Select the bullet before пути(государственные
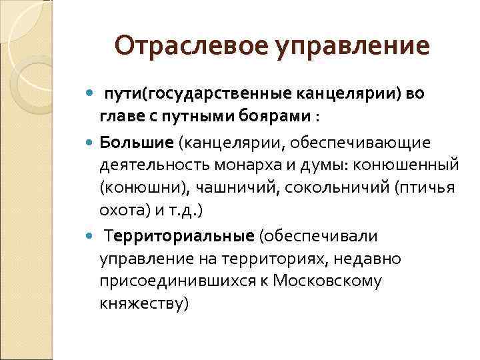pyautogui.click(x=91, y=94)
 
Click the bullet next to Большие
pyautogui.click(x=91, y=142)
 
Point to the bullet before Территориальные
pyautogui.click(x=91, y=236)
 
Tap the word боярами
pyautogui.click(x=274, y=117)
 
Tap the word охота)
pyautogui.click(x=123, y=211)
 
